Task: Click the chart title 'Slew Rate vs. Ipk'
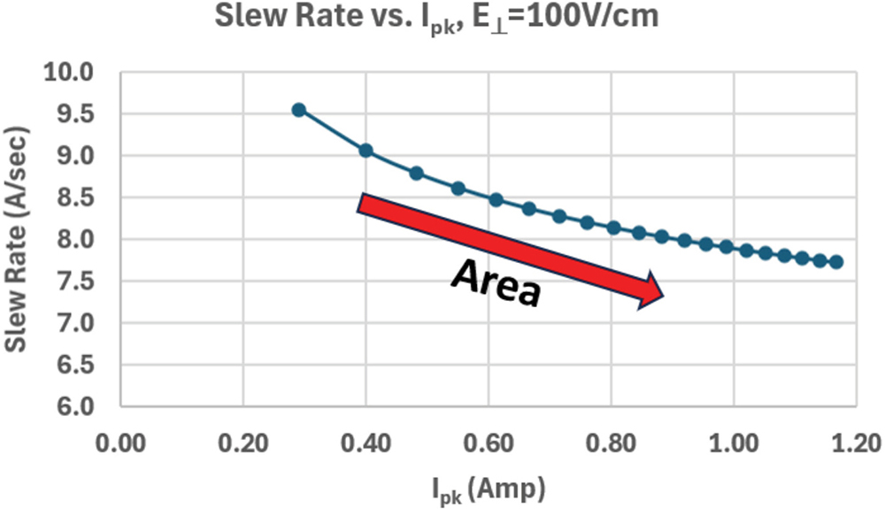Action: click(335, 18)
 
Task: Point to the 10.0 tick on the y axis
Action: click(68, 73)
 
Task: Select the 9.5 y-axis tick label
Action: click(75, 114)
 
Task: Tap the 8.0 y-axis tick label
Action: click(75, 240)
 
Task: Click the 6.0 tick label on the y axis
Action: click(75, 407)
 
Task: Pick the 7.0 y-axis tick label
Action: click(75, 323)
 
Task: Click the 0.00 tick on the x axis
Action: click(120, 443)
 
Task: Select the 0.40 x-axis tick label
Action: click(366, 443)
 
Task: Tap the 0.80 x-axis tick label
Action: click(611, 443)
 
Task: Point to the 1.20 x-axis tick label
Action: click(856, 443)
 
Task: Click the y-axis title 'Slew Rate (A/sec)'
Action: click(16, 239)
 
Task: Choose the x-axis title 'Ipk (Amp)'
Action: click(489, 489)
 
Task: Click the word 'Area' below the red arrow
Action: click(496, 283)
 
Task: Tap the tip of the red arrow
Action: click(664, 296)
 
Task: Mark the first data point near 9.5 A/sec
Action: click(298, 110)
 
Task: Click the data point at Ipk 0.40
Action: click(366, 150)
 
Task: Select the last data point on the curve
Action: click(836, 262)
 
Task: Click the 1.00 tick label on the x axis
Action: click(733, 443)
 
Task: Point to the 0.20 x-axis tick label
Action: click(243, 443)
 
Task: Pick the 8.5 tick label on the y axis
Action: click(75, 198)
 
